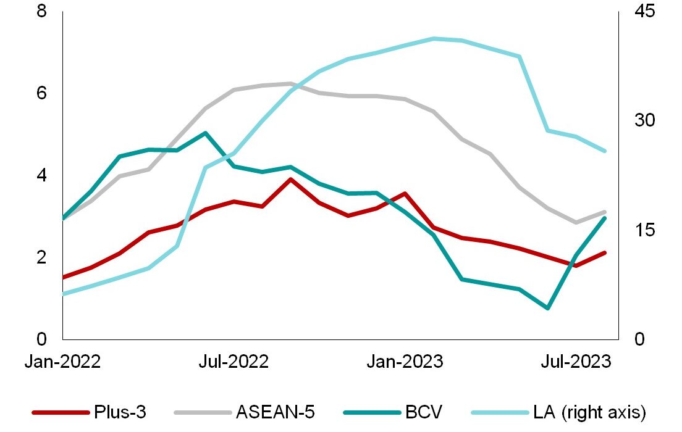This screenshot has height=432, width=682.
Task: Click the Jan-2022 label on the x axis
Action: [62, 362]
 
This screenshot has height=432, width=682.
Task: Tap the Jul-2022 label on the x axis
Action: [234, 362]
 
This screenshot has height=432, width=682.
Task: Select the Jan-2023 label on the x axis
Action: [405, 362]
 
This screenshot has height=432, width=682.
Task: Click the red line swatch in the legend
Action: [59, 412]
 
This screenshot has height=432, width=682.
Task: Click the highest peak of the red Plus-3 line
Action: [290, 179]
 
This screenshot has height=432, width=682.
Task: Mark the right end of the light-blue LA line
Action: [605, 151]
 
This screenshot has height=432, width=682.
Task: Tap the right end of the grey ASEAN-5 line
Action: [605, 212]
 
